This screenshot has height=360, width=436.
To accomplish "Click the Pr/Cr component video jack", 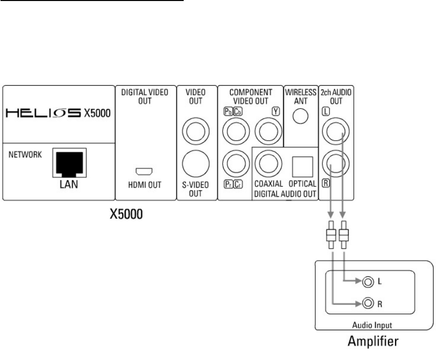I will tap(234, 163).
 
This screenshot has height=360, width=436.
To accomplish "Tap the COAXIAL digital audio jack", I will tap(267, 163).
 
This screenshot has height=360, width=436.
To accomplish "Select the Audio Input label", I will tap(370, 326).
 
